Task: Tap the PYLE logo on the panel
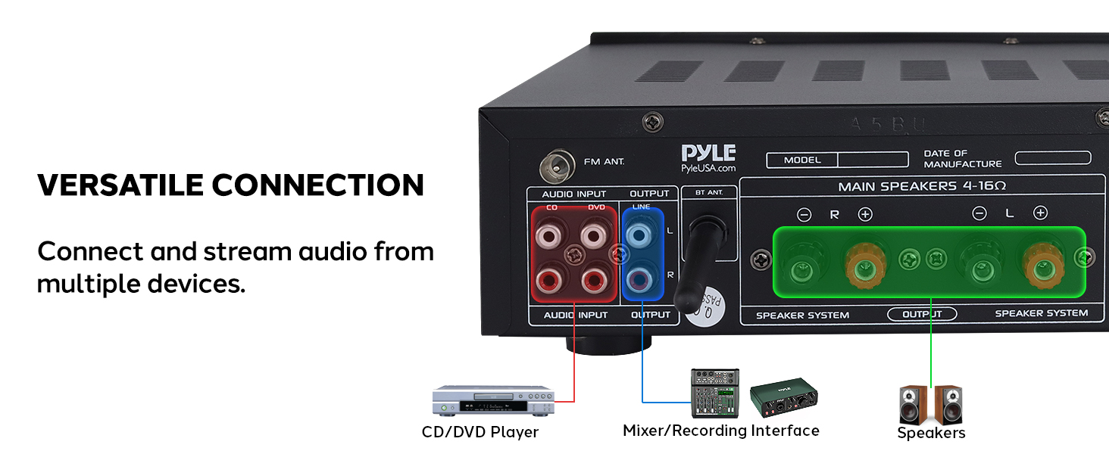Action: coord(708,152)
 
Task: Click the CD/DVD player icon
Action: coord(493,400)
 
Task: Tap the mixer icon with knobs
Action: coord(714,393)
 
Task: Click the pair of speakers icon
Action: coord(930,405)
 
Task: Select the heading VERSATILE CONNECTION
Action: coord(230,185)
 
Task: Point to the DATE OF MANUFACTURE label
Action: coord(962,159)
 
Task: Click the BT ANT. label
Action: coord(709,193)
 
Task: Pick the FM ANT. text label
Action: coord(604,162)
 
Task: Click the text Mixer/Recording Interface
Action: coord(720,431)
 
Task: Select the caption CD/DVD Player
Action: coord(480,432)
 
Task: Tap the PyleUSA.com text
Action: coord(708,168)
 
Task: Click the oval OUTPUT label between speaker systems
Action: coord(922,314)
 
